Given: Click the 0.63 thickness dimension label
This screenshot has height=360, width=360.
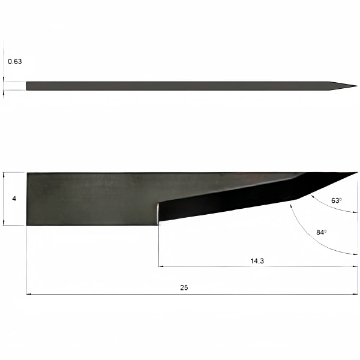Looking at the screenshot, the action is click(15, 62).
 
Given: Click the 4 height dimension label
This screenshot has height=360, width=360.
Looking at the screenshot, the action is click(14, 199).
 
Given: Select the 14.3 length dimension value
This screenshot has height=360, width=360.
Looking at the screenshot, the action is click(257, 261).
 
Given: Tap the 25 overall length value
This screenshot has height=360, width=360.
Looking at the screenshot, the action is click(184, 287).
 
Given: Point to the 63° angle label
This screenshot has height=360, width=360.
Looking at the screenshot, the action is click(336, 200).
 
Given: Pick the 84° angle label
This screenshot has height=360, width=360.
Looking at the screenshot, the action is click(321, 232).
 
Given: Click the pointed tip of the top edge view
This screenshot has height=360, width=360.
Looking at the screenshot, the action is click(357, 86).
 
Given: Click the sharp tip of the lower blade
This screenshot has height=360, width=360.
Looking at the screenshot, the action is click(357, 172).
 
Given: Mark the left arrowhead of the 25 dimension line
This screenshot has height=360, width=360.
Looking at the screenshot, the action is click(28, 294).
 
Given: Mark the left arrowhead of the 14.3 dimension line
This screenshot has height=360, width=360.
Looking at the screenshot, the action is click(161, 266).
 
